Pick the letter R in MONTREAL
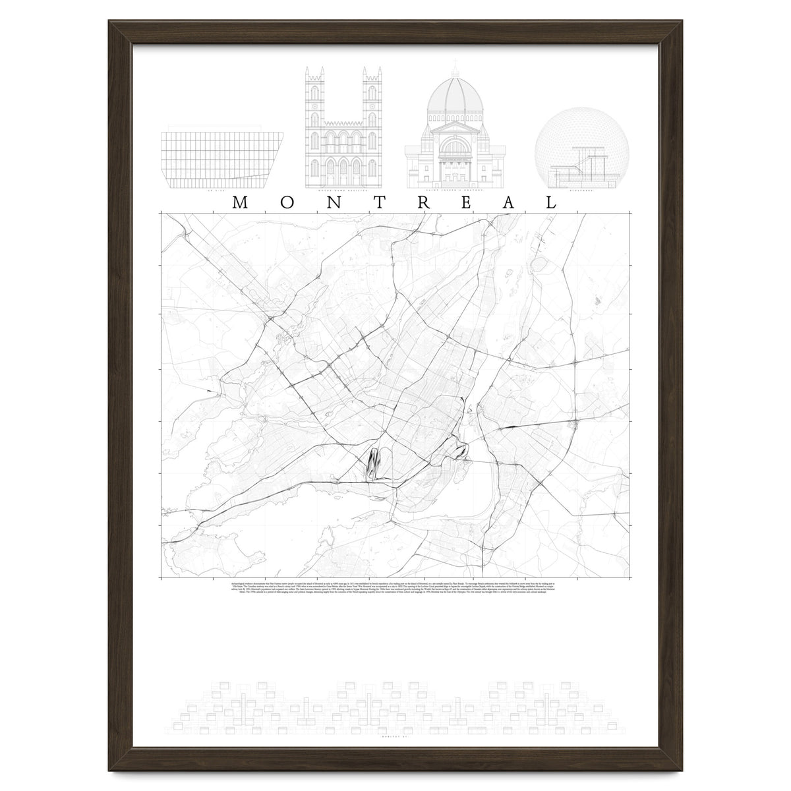[420, 202]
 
